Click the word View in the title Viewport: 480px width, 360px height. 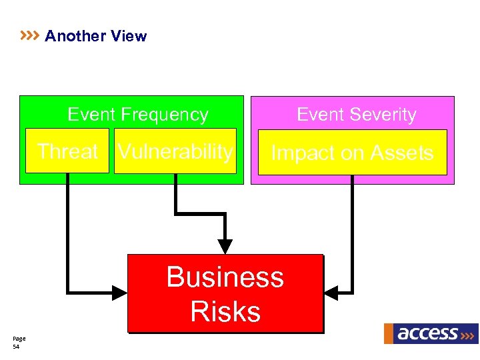[129, 36]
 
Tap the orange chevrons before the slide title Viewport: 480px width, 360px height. [30, 35]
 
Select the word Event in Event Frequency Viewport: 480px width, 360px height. [91, 115]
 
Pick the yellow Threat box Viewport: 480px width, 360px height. [67, 151]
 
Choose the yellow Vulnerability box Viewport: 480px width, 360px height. [175, 151]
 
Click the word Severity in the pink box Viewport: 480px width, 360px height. [385, 115]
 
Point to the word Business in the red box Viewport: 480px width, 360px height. [225, 277]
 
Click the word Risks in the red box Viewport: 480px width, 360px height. [225, 311]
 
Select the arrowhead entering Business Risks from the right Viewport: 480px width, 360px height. [331, 292]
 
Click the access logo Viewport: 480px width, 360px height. [430, 333]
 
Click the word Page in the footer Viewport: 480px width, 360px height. [19, 339]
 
